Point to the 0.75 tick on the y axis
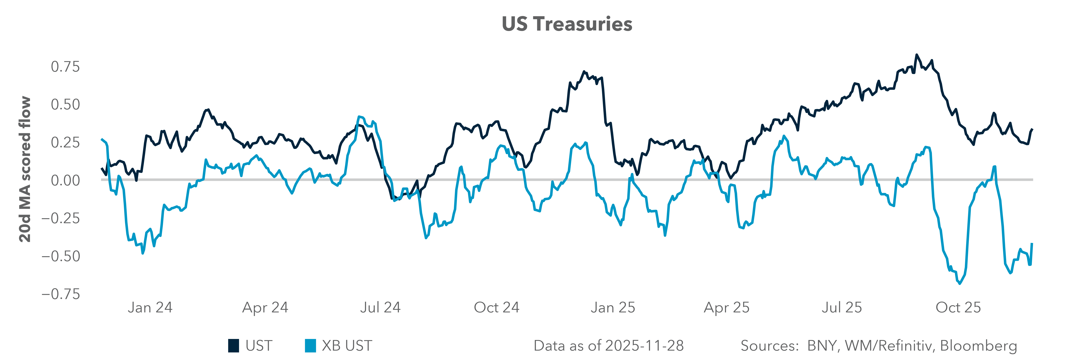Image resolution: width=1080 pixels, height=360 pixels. coord(65,67)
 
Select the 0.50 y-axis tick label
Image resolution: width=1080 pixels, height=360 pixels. coord(65,104)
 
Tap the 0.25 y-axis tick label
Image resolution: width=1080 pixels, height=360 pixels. coord(65,142)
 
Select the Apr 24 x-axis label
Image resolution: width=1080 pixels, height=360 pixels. coord(265,308)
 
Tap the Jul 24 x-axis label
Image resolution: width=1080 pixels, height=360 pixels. coord(380,308)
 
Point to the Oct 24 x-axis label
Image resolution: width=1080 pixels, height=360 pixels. coord(496,308)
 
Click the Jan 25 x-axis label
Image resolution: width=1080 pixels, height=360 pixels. coord(613,308)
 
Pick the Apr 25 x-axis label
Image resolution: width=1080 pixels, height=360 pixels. coord(727,308)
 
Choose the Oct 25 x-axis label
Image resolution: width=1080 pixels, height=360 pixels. coord(958,308)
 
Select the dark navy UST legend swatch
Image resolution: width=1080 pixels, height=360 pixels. coord(234,346)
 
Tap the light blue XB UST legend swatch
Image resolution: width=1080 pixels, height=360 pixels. coord(310,346)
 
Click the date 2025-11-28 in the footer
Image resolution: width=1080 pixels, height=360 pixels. coord(644,346)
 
